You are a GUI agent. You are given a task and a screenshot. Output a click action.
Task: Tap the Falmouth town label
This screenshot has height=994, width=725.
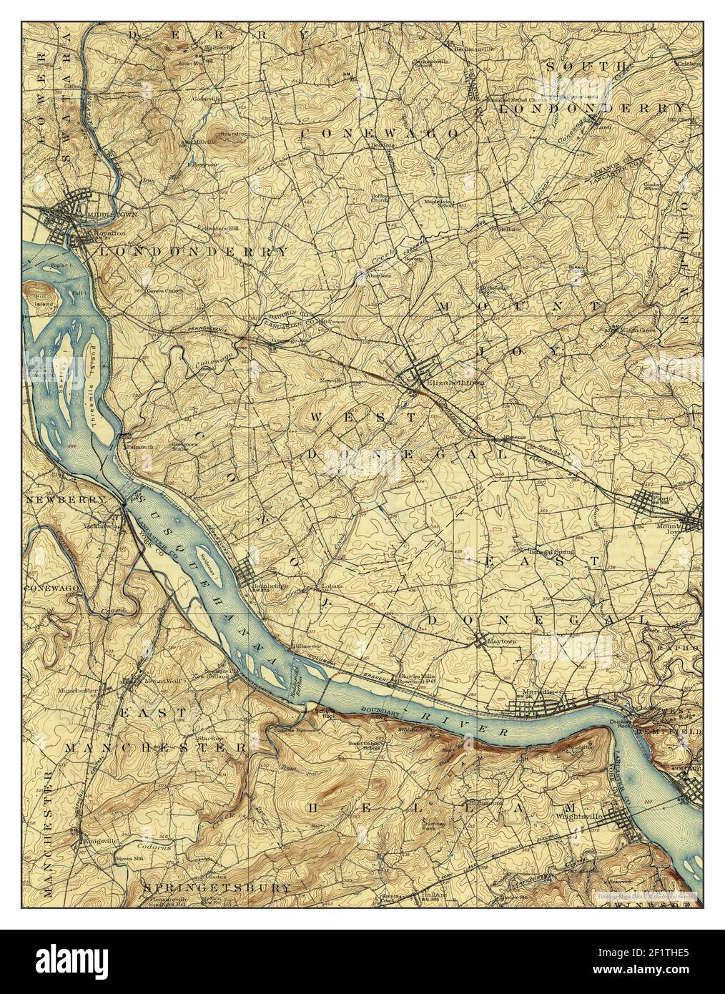[139, 447]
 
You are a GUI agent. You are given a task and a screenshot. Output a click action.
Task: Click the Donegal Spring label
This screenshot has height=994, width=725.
[547, 551]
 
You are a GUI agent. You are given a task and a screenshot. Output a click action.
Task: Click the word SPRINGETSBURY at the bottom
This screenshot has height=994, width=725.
[217, 887]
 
